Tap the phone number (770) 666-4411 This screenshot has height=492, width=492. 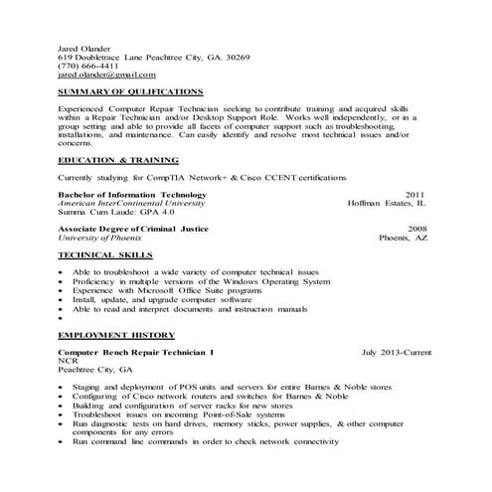(x=89, y=66)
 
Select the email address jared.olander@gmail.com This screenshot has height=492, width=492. (x=106, y=75)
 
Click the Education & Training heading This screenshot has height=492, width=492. (x=118, y=159)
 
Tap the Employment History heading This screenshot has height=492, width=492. (x=116, y=335)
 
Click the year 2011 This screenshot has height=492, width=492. (x=415, y=195)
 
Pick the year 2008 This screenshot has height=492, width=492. (x=415, y=229)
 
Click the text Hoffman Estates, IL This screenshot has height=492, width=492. (x=386, y=203)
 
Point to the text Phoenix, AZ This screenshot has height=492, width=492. (x=402, y=238)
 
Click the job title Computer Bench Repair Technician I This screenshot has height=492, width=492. (x=135, y=352)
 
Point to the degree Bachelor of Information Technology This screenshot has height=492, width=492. (x=132, y=195)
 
